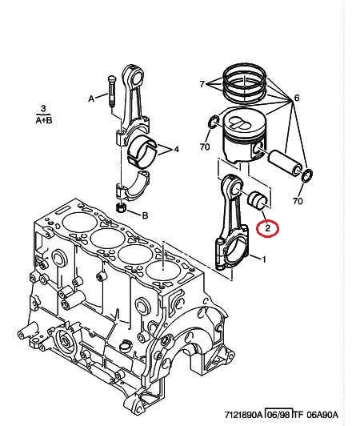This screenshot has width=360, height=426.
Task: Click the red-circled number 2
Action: pyautogui.click(x=268, y=227)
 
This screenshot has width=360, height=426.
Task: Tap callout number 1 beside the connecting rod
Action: pyautogui.click(x=263, y=259)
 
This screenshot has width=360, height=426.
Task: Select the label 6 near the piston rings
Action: pyautogui.click(x=297, y=98)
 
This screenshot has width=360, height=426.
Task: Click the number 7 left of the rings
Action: pyautogui.click(x=202, y=84)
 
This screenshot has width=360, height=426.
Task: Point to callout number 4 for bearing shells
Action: pyautogui.click(x=177, y=149)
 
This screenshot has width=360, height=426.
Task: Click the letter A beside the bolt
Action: pyautogui.click(x=91, y=98)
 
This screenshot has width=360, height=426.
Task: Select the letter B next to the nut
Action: pyautogui.click(x=146, y=215)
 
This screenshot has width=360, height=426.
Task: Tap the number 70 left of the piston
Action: pyautogui.click(x=205, y=147)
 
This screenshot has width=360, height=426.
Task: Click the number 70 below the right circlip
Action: pyautogui.click(x=298, y=201)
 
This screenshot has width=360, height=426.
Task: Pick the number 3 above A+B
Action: pyautogui.click(x=43, y=109)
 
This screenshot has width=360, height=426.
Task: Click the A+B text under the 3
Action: pyautogui.click(x=44, y=120)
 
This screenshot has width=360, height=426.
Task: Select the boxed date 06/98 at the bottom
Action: pyautogui.click(x=279, y=415)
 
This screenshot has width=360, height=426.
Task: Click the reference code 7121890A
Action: pyautogui.click(x=243, y=415)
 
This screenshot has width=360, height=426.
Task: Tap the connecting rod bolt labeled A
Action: pyautogui.click(x=111, y=91)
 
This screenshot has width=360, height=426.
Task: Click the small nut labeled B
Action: pyautogui.click(x=120, y=207)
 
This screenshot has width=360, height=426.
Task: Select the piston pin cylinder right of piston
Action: pyautogui.click(x=285, y=163)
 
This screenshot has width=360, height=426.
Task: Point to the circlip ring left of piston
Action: pyautogui.click(x=214, y=122)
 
